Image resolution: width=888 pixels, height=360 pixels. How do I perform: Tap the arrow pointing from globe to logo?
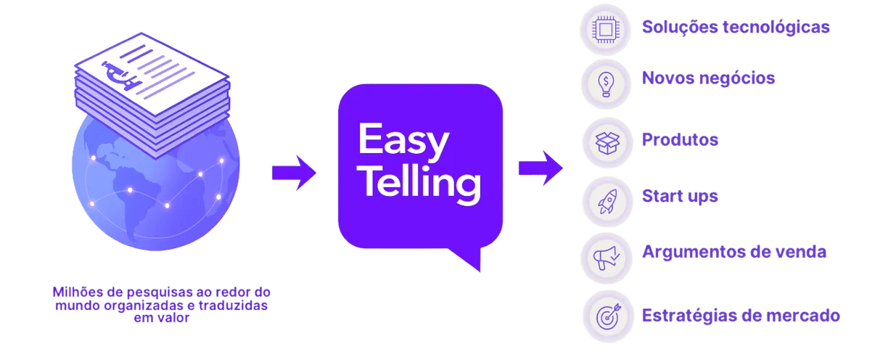pyautogui.click(x=294, y=173)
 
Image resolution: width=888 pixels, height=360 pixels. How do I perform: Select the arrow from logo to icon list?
pyautogui.click(x=540, y=168)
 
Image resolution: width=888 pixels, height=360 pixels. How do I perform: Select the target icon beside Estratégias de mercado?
pyautogui.click(x=607, y=316)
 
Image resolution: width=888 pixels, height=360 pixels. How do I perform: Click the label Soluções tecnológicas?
pyautogui.click(x=736, y=28)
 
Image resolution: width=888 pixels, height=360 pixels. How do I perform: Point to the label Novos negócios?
pyautogui.click(x=708, y=78)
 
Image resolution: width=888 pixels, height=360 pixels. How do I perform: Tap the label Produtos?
pyautogui.click(x=680, y=139)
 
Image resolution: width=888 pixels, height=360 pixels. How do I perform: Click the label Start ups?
pyautogui.click(x=680, y=196)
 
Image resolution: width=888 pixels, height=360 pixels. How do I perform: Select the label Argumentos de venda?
pyautogui.click(x=734, y=253)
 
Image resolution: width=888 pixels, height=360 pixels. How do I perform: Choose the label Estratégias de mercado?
pyautogui.click(x=741, y=316)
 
